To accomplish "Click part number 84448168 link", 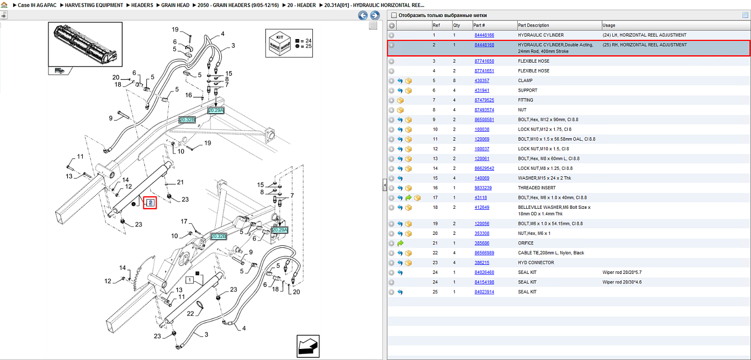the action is point(484,45).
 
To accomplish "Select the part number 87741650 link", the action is point(484,61).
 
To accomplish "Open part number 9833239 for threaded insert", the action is point(483,188).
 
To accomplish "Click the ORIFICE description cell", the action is point(525,243).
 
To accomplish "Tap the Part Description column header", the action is point(533,25).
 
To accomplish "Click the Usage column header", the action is point(608,25).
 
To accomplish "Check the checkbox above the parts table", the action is point(394,15).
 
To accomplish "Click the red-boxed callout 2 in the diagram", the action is point(150,202).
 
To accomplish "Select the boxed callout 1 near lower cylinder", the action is point(190,280).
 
